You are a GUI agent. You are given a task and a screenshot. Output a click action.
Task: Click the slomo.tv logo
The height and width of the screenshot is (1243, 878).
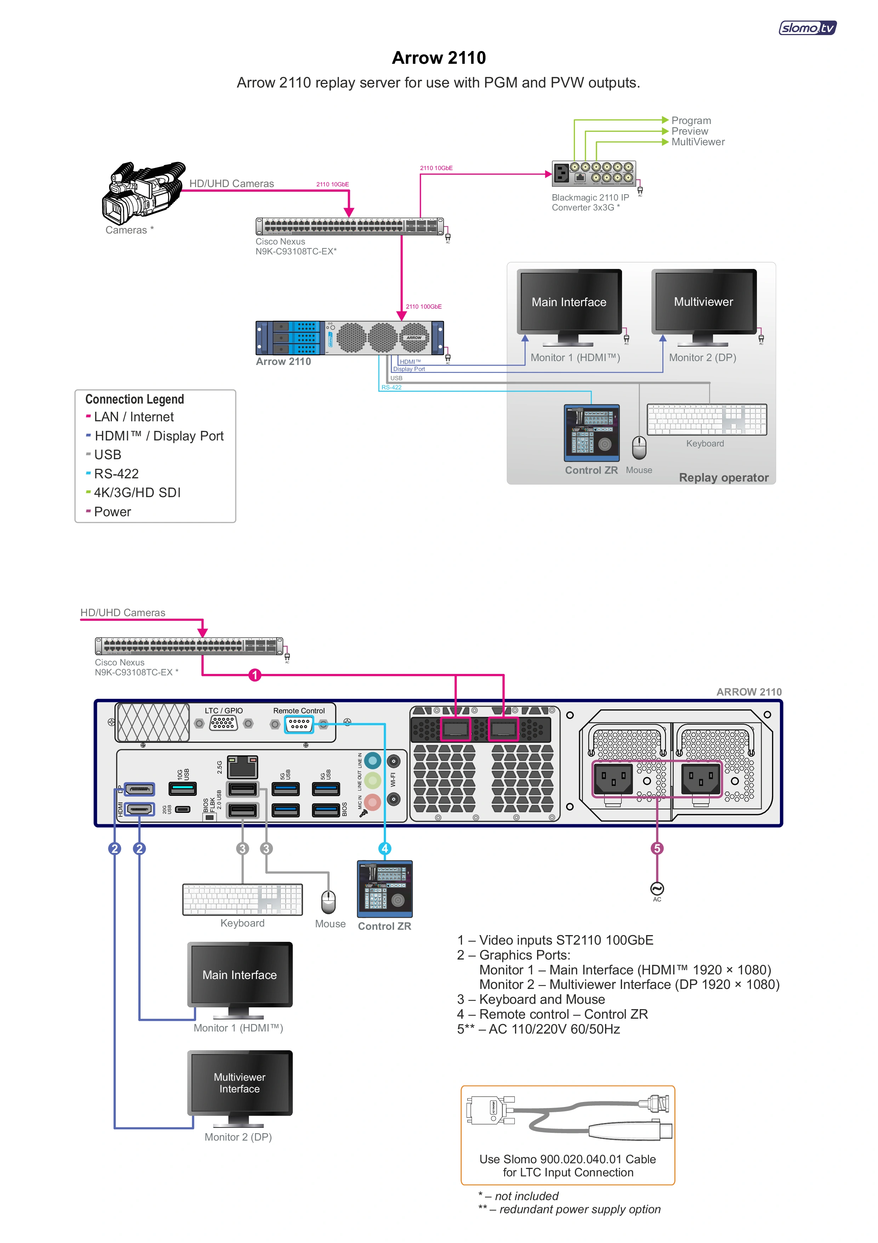pyautogui.click(x=807, y=28)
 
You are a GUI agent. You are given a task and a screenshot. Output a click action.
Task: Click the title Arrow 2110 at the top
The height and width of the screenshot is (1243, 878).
pyautogui.click(x=439, y=58)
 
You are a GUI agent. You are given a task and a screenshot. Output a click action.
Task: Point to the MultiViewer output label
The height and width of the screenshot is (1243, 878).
pyautogui.click(x=698, y=142)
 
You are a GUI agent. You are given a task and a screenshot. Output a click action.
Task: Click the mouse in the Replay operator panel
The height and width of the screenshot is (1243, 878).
pyautogui.click(x=639, y=447)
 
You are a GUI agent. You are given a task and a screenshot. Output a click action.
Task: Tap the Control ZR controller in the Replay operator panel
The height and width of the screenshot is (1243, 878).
pyautogui.click(x=591, y=433)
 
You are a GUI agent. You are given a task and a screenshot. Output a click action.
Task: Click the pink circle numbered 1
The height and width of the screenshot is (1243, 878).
pyautogui.click(x=255, y=675)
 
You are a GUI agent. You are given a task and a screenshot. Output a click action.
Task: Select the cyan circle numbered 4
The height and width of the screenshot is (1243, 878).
pyautogui.click(x=384, y=848)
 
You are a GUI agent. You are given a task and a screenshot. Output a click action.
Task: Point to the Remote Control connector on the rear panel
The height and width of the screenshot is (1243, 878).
pyautogui.click(x=299, y=724)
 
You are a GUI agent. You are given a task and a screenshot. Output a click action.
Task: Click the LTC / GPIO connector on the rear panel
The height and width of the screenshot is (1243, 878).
pyautogui.click(x=223, y=723)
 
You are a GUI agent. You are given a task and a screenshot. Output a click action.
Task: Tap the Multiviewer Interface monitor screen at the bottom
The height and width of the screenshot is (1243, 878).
pyautogui.click(x=240, y=1083)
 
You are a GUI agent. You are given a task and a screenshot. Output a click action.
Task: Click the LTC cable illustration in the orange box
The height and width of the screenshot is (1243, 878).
pyautogui.click(x=568, y=1117)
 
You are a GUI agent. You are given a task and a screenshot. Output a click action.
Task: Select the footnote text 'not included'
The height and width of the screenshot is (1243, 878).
pyautogui.click(x=526, y=1196)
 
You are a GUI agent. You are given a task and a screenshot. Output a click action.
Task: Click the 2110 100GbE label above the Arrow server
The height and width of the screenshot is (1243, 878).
pyautogui.click(x=423, y=306)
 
